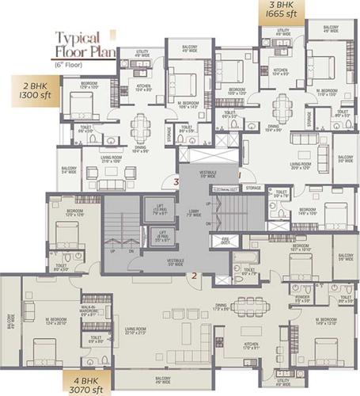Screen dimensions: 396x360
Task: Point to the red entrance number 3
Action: tap(176, 183)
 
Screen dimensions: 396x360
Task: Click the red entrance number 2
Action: tap(193, 276)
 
